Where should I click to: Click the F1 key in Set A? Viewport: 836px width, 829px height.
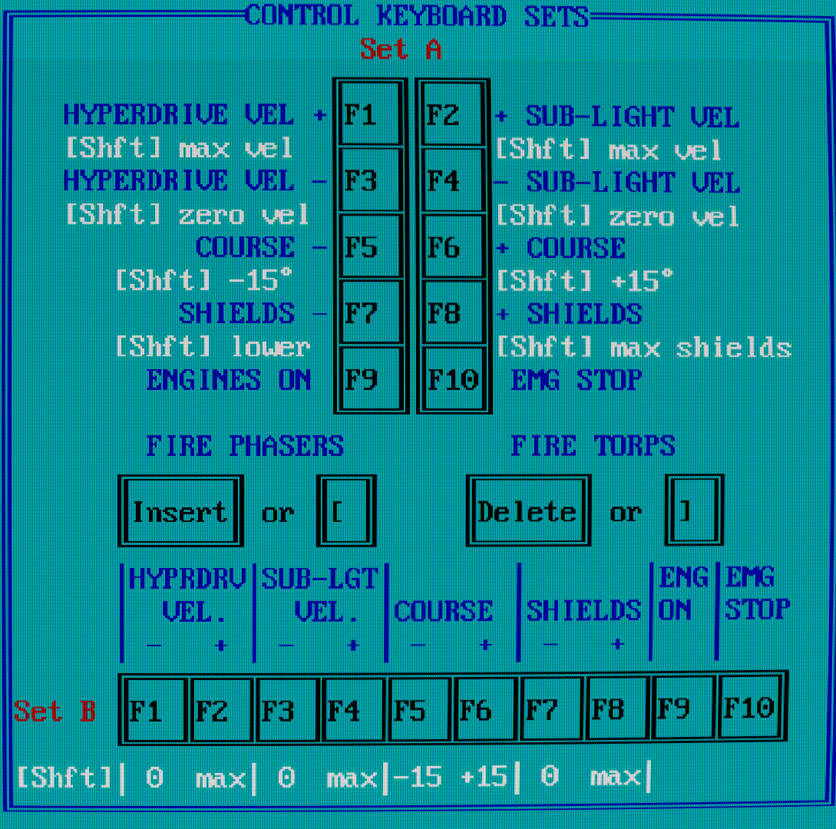[x=370, y=115]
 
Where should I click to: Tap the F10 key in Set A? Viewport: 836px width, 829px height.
[x=453, y=379]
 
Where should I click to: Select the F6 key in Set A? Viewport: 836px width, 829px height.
[x=453, y=247]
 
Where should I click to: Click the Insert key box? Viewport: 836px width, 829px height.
[x=180, y=512]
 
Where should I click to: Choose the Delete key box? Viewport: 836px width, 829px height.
[x=527, y=512]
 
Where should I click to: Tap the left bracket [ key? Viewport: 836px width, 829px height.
[x=345, y=512]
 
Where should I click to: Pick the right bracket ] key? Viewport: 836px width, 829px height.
[x=693, y=512]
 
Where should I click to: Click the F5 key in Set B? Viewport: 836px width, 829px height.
[x=419, y=709]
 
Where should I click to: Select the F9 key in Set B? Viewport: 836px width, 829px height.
[x=683, y=709]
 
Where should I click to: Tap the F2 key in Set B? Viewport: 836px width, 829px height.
[x=221, y=709]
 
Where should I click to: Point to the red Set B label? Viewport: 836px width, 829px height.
[x=55, y=712]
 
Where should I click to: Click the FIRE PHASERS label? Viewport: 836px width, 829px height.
[x=245, y=446]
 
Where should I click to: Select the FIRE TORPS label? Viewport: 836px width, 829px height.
[x=593, y=446]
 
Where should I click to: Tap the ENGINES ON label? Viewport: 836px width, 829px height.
[x=228, y=380]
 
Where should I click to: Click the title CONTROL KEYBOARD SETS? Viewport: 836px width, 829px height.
[x=417, y=16]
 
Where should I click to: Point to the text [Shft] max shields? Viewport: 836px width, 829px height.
[x=643, y=348]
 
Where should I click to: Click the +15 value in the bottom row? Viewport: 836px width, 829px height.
[x=484, y=778]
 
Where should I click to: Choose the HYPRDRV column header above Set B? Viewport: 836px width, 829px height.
[x=187, y=579]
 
